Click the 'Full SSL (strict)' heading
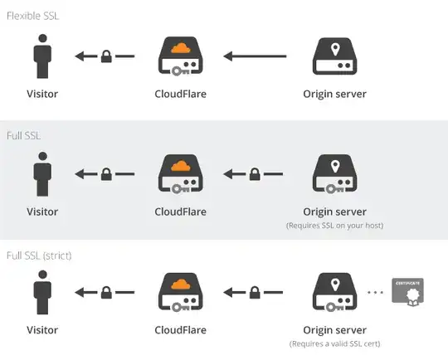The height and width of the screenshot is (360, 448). tap(39, 255)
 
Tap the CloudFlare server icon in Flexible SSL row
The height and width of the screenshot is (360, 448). tap(181, 57)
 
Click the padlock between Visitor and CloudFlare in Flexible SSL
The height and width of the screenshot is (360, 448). tap(106, 57)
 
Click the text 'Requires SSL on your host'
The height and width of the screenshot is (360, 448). tap(335, 226)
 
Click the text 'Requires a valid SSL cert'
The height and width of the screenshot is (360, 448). tap(335, 343)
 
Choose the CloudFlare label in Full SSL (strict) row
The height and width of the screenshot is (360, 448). tap(181, 329)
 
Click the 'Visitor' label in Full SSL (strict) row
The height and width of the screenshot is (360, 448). tap(43, 329)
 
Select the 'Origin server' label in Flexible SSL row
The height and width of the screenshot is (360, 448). tap(335, 94)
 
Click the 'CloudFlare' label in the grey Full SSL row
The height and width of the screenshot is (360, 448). tap(181, 212)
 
